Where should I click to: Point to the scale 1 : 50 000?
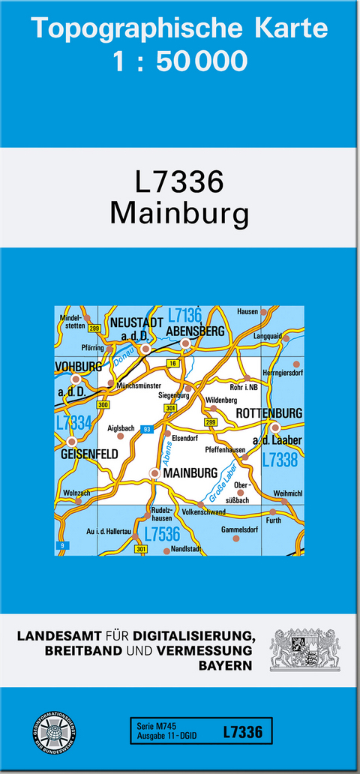(x=180, y=61)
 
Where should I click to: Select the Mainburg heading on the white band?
(x=179, y=213)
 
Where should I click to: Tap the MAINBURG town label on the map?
(x=190, y=473)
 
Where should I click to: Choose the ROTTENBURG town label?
(x=268, y=413)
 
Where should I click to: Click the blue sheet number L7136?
(x=184, y=315)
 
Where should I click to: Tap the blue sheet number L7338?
(x=280, y=460)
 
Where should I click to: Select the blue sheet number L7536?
(x=161, y=534)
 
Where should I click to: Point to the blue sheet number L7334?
(x=73, y=423)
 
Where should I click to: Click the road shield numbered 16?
(x=172, y=363)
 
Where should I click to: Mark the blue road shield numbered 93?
(x=147, y=429)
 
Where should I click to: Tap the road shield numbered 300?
(x=103, y=405)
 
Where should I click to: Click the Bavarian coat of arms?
(x=304, y=649)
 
